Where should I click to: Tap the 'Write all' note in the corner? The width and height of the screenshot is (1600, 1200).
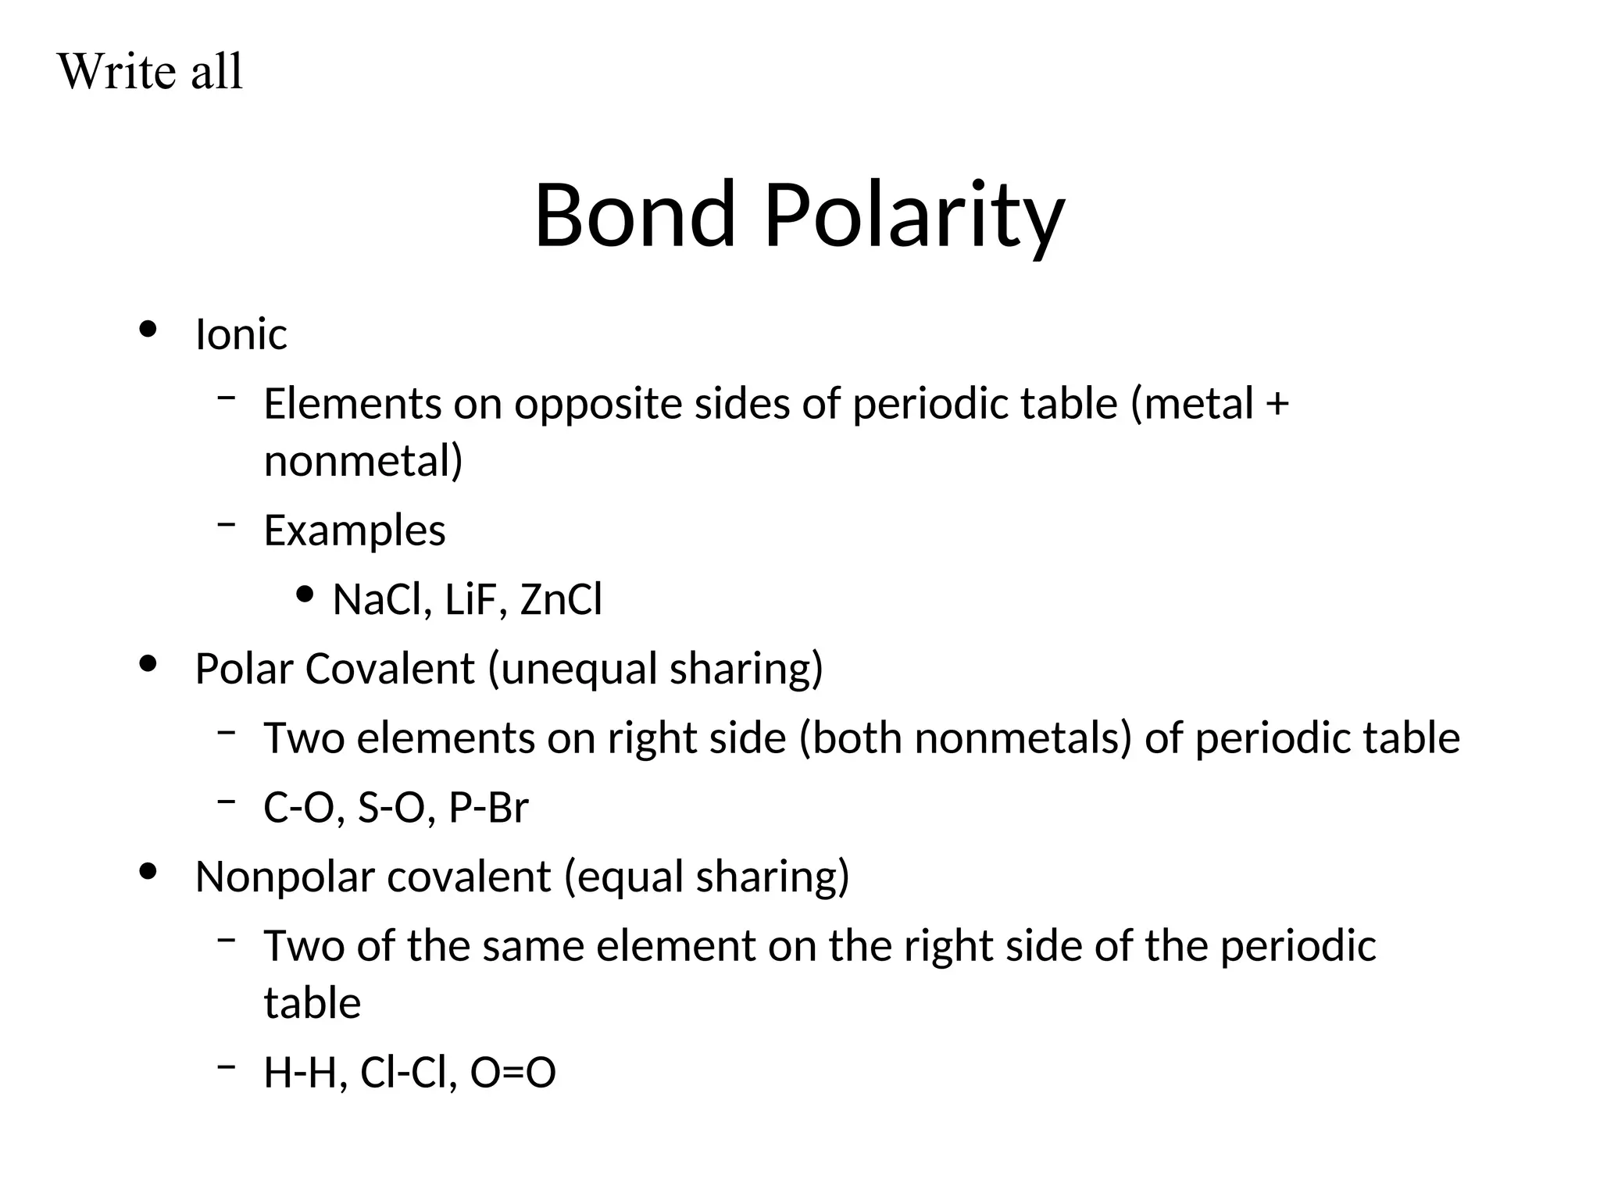pyautogui.click(x=150, y=72)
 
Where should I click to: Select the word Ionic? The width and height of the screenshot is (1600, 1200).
pyautogui.click(x=241, y=334)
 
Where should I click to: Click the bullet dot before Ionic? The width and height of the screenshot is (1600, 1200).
pyautogui.click(x=148, y=330)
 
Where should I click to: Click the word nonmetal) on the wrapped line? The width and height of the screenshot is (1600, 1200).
pyautogui.click(x=363, y=461)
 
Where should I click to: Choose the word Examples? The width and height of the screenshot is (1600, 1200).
pyautogui.click(x=355, y=530)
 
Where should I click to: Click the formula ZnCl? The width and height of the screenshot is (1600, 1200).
pyautogui.click(x=561, y=600)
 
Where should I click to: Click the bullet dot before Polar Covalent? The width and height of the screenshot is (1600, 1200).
pyautogui.click(x=148, y=665)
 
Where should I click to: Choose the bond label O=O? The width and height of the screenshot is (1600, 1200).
pyautogui.click(x=512, y=1073)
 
